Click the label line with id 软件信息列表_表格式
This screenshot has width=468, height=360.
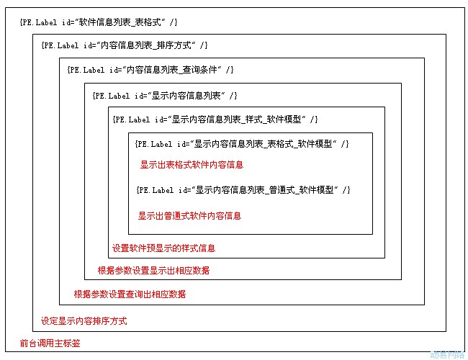(x=99, y=22)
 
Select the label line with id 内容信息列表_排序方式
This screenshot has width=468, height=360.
(x=124, y=45)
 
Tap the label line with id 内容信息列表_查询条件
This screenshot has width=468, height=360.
(x=150, y=70)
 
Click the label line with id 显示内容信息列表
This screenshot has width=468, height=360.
(x=165, y=96)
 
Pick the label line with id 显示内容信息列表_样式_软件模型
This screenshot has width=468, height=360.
(x=215, y=120)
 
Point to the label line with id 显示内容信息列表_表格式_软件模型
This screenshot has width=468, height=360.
(x=242, y=144)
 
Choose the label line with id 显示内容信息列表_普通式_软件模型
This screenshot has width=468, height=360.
(x=243, y=190)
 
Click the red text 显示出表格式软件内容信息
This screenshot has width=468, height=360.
(x=192, y=165)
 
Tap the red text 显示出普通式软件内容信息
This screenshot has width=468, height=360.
(x=189, y=216)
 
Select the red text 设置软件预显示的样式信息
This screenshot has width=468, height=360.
(x=163, y=248)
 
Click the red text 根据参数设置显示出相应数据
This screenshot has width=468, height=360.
(x=153, y=271)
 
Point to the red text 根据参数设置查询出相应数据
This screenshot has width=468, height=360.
(x=130, y=294)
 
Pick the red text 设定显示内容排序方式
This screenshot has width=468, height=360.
(x=84, y=321)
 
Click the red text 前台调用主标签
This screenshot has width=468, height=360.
(x=50, y=343)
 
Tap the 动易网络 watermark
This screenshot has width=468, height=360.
(x=447, y=355)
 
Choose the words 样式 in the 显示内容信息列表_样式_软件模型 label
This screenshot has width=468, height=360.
(x=254, y=120)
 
